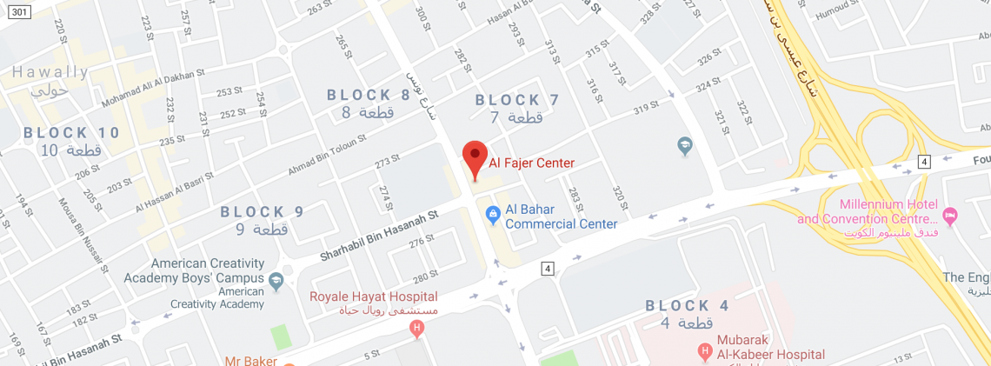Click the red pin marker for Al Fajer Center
pos(474,157)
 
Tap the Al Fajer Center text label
pos(532,163)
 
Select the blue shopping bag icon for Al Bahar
pos(492,211)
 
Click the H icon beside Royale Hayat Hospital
pos(417,328)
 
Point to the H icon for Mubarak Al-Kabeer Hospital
pos(705,352)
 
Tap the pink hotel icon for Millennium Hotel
pos(949,213)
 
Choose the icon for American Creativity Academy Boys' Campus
pos(276,280)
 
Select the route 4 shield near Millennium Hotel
pos(923,162)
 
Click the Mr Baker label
pos(249,360)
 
